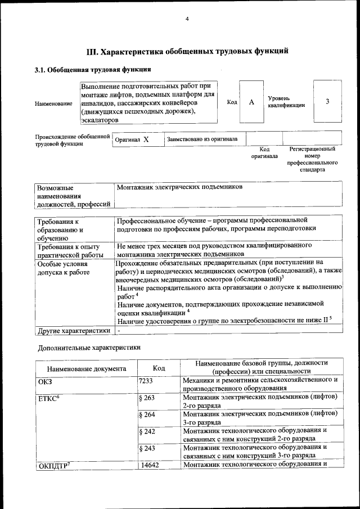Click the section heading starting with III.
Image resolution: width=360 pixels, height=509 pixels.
pyautogui.click(x=187, y=52)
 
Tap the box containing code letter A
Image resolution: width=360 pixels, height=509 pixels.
pyautogui.click(x=251, y=102)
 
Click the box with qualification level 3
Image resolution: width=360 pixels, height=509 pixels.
pyautogui.click(x=327, y=102)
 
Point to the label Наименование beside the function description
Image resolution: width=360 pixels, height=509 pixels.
pyautogui.click(x=53, y=103)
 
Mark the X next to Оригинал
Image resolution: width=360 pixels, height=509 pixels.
pyautogui.click(x=146, y=139)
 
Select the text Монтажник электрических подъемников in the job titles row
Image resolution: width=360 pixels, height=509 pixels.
pyautogui.click(x=179, y=187)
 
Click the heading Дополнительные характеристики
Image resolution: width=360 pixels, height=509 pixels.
pyautogui.click(x=88, y=348)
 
